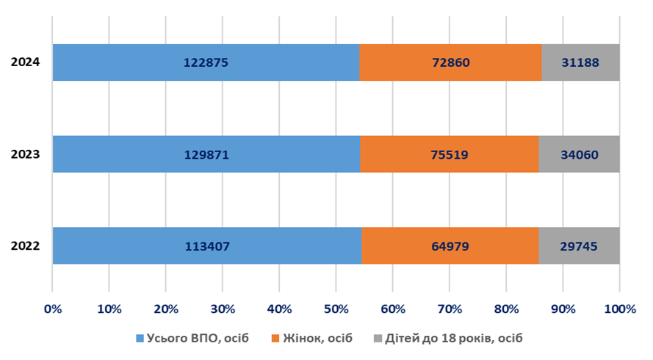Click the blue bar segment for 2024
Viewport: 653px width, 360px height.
206,62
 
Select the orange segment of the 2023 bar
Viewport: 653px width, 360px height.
450,154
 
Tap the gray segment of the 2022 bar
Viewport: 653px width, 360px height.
580,246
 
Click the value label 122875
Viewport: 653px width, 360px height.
206,62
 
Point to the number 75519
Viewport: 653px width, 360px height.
450,155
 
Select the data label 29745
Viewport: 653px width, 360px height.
579,246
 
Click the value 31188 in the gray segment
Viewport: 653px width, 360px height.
580,62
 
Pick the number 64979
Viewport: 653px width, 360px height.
450,246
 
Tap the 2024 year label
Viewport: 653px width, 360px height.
26,62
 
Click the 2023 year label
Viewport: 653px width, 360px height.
26,154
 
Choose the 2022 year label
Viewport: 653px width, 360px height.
26,246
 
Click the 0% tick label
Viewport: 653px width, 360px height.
53,309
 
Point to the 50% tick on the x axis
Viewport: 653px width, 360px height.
336,309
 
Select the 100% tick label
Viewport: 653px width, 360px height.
620,309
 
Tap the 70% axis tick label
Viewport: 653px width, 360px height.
450,309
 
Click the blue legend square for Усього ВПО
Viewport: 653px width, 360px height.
140,339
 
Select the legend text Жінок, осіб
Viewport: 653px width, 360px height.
318,338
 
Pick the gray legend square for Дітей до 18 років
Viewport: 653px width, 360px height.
378,339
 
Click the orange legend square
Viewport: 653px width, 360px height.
275,339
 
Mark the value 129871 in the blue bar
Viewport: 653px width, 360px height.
206,155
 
